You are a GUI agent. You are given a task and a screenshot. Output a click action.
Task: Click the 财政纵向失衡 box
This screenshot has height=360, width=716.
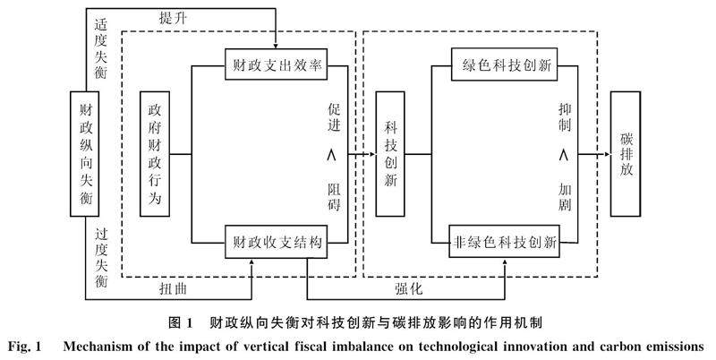coord(84,154)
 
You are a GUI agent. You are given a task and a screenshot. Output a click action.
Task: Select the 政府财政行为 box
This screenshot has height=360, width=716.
coord(155,154)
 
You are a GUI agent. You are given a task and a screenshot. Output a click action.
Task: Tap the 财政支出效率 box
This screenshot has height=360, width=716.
coord(277,64)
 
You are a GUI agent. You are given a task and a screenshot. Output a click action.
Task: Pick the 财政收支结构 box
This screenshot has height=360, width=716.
coord(277,242)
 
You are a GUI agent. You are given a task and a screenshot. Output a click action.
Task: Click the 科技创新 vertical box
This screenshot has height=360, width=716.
coord(390,154)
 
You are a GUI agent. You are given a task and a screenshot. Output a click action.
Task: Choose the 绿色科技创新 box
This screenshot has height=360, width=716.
coord(504,64)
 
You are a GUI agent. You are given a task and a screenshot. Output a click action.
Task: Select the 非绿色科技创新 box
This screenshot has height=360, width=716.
coord(504,242)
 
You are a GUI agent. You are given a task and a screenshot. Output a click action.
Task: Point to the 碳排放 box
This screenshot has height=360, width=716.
coord(626,154)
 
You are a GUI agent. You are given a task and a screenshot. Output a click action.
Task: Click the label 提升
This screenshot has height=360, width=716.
coord(173,19)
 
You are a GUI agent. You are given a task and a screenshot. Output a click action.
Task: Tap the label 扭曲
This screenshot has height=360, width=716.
coord(173,288)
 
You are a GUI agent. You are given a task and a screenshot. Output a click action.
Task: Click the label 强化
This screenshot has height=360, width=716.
coord(409,288)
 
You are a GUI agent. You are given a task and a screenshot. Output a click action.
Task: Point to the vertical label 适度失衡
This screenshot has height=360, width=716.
coord(101,49)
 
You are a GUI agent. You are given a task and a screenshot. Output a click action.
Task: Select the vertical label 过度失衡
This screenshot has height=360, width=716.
coord(101,258)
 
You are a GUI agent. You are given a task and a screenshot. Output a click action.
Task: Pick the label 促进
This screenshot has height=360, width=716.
coord(334,117)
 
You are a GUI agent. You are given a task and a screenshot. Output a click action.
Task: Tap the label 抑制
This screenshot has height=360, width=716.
coord(565,117)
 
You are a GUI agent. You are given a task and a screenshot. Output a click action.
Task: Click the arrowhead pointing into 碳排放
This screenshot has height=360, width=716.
coord(607,154)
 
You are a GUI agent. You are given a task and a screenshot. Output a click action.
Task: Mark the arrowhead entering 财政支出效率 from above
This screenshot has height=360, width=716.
coord(276,46)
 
